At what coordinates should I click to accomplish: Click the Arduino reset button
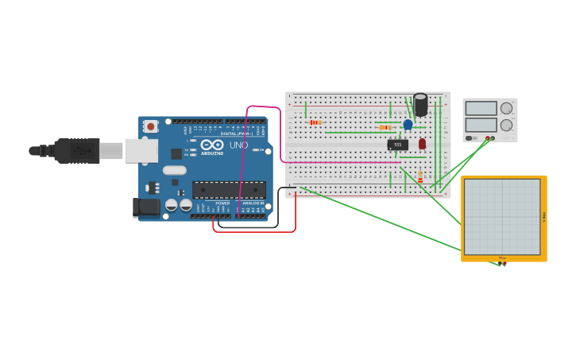tap(150, 126)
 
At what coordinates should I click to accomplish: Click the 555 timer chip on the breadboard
tap(398, 145)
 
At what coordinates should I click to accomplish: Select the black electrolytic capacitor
tap(420, 104)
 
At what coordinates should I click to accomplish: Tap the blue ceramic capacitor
tap(408, 124)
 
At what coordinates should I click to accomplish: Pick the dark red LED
tap(422, 143)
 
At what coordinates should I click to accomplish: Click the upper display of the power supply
tap(481, 108)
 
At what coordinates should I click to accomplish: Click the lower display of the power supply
tap(481, 125)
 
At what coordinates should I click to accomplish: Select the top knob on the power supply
tap(506, 108)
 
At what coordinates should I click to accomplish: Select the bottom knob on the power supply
tap(506, 125)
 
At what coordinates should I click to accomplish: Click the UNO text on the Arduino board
tap(238, 145)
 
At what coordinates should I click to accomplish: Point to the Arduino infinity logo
tap(212, 145)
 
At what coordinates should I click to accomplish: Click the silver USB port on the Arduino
tap(141, 150)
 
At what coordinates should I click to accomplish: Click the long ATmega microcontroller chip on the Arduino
tap(229, 190)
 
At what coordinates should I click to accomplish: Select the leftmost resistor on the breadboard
tap(315, 122)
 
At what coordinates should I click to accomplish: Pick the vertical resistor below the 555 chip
tap(420, 176)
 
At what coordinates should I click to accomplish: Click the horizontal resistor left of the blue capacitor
tap(385, 127)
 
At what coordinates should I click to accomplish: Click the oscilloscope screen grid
tap(502, 216)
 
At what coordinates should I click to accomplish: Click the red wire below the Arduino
tap(254, 232)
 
